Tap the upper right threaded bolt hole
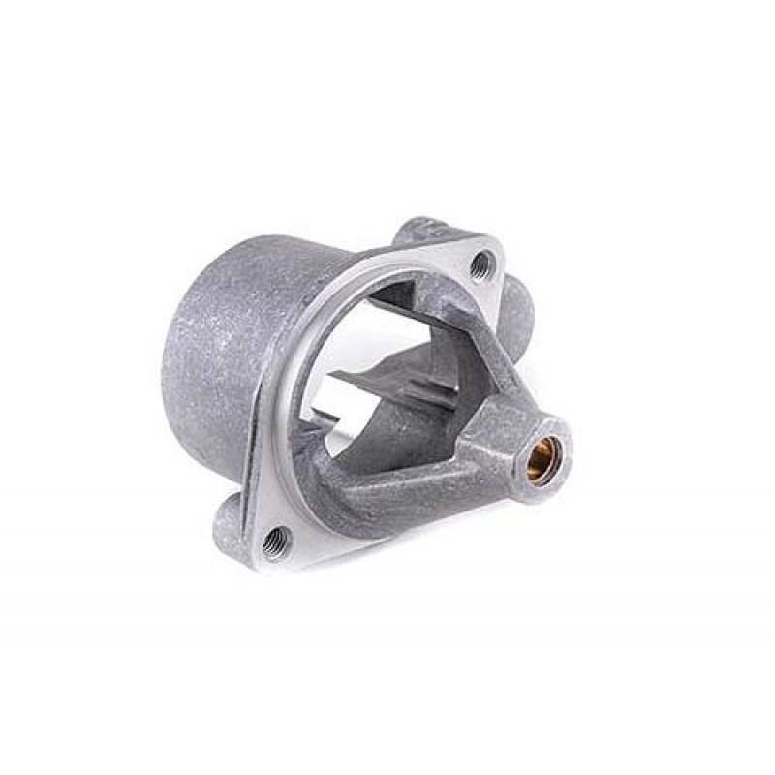point(480,259)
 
